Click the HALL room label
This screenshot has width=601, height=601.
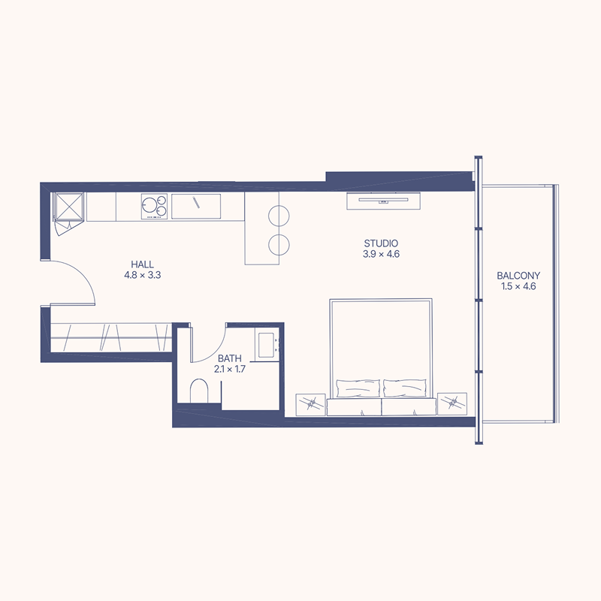click(143, 264)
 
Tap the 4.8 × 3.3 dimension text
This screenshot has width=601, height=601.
click(143, 275)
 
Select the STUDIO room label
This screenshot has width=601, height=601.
click(380, 243)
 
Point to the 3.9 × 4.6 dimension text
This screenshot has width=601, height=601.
click(380, 254)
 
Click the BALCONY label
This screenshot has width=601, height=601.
click(518, 276)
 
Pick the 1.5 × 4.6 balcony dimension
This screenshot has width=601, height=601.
click(518, 286)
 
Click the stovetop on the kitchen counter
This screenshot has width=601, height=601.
click(154, 206)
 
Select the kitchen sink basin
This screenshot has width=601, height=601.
click(196, 204)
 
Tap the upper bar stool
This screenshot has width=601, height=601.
click(279, 216)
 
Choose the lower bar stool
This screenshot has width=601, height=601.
click(279, 245)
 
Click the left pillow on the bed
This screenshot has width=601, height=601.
click(358, 388)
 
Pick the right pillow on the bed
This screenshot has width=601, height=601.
click(405, 388)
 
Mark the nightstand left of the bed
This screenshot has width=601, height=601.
click(311, 404)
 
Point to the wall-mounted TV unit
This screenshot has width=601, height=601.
click(383, 200)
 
